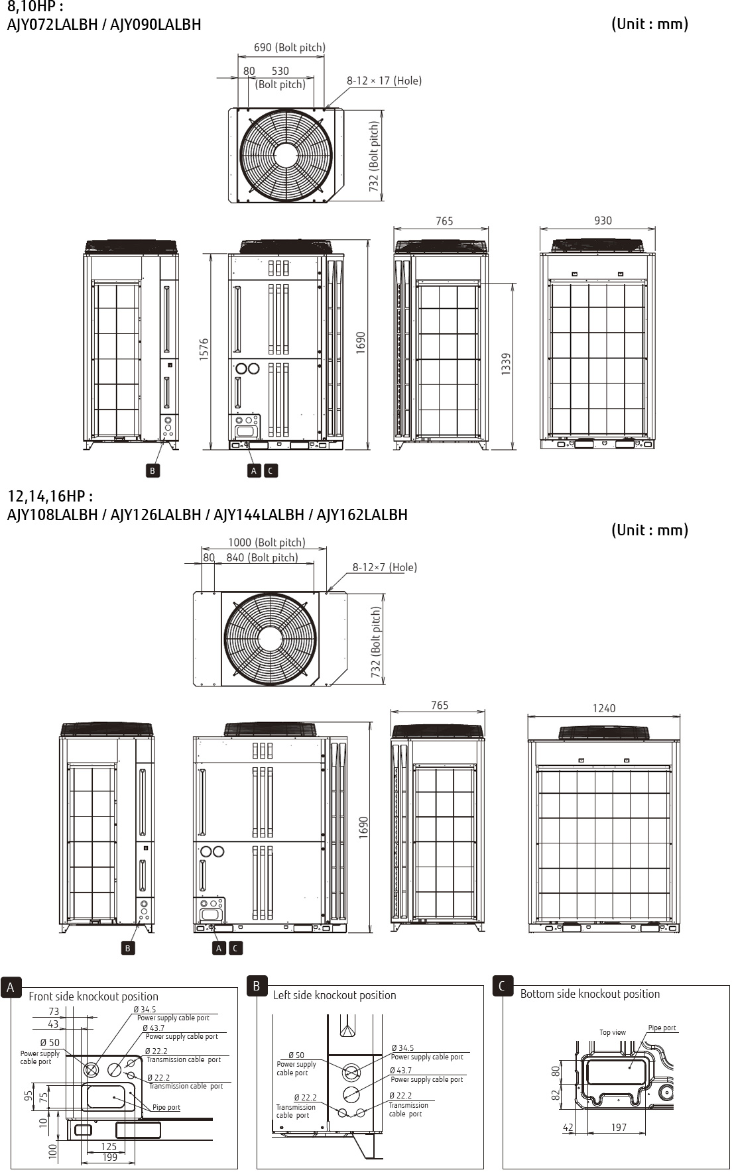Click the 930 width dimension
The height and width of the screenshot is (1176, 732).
[x=603, y=221]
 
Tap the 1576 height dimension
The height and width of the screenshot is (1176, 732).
[x=204, y=349]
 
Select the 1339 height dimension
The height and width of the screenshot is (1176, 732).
[x=506, y=364]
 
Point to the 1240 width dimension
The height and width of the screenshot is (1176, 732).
[x=604, y=708]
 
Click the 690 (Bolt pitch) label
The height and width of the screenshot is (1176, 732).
[x=290, y=48]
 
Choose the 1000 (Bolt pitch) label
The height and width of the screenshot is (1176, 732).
[x=267, y=543]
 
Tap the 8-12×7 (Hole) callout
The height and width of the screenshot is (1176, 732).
[x=385, y=567]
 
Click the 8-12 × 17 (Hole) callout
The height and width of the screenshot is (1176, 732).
[x=384, y=81]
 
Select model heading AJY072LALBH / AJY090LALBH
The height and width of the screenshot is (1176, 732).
[x=104, y=25]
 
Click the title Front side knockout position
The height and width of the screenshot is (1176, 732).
[x=93, y=996]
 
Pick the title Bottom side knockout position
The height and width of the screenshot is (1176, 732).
[x=590, y=994]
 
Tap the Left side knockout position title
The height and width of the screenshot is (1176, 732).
[x=335, y=995]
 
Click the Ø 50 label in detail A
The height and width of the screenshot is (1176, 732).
[x=50, y=1043]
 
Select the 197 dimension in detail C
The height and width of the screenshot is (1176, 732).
[x=619, y=1128]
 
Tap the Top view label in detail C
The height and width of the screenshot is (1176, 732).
[x=613, y=1032]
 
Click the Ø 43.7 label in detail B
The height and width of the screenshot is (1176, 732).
[x=400, y=1071]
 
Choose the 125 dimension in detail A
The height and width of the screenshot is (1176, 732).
[x=109, y=1146]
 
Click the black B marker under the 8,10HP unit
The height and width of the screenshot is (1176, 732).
[x=152, y=470]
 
